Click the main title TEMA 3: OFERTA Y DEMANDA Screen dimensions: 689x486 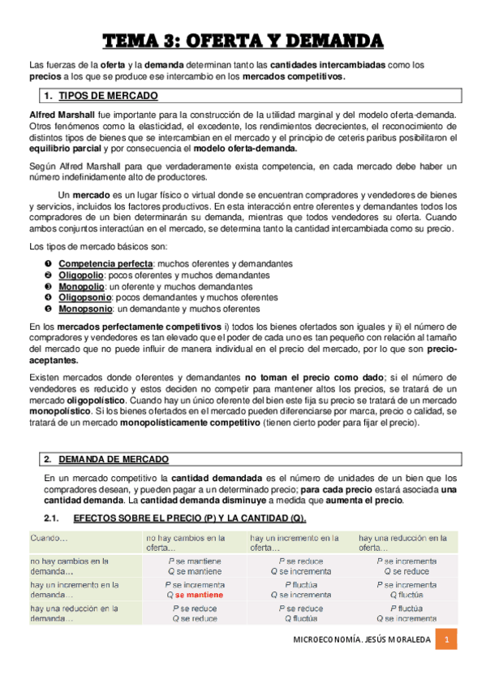tap(243, 41)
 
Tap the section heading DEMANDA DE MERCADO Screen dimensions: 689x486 tap(114, 459)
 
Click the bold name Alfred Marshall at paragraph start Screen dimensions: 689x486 tap(60, 115)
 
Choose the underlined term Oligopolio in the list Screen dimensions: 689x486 tap(80, 275)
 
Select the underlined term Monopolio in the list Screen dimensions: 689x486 tap(80, 287)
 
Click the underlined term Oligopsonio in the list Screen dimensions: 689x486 tap(83, 297)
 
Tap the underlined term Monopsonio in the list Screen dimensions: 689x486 tap(84, 309)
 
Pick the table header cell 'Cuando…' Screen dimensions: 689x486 tap(49, 538)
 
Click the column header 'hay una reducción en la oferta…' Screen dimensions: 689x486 tap(402, 543)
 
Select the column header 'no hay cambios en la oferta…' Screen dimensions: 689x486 tap(186, 543)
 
